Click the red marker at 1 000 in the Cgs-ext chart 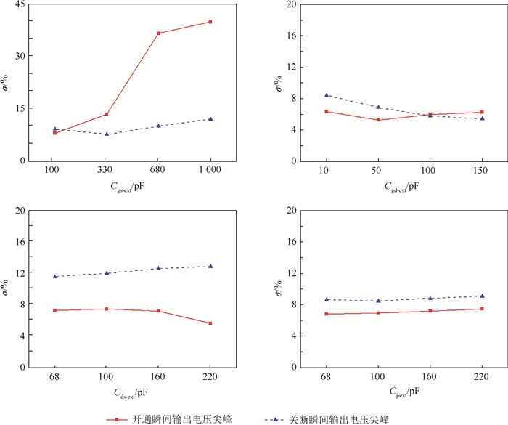pyautogui.click(x=210, y=22)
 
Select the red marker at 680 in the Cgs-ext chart pyautogui.click(x=158, y=33)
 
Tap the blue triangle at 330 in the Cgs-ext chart pyautogui.click(x=107, y=134)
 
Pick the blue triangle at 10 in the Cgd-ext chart pyautogui.click(x=327, y=95)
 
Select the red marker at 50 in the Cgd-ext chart pyautogui.click(x=378, y=120)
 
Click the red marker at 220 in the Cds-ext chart pyautogui.click(x=210, y=323)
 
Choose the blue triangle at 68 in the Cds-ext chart pyautogui.click(x=54, y=276)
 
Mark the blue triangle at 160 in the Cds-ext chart pyautogui.click(x=158, y=268)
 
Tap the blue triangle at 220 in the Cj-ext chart pyautogui.click(x=482, y=296)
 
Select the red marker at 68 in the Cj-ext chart pyautogui.click(x=327, y=314)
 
